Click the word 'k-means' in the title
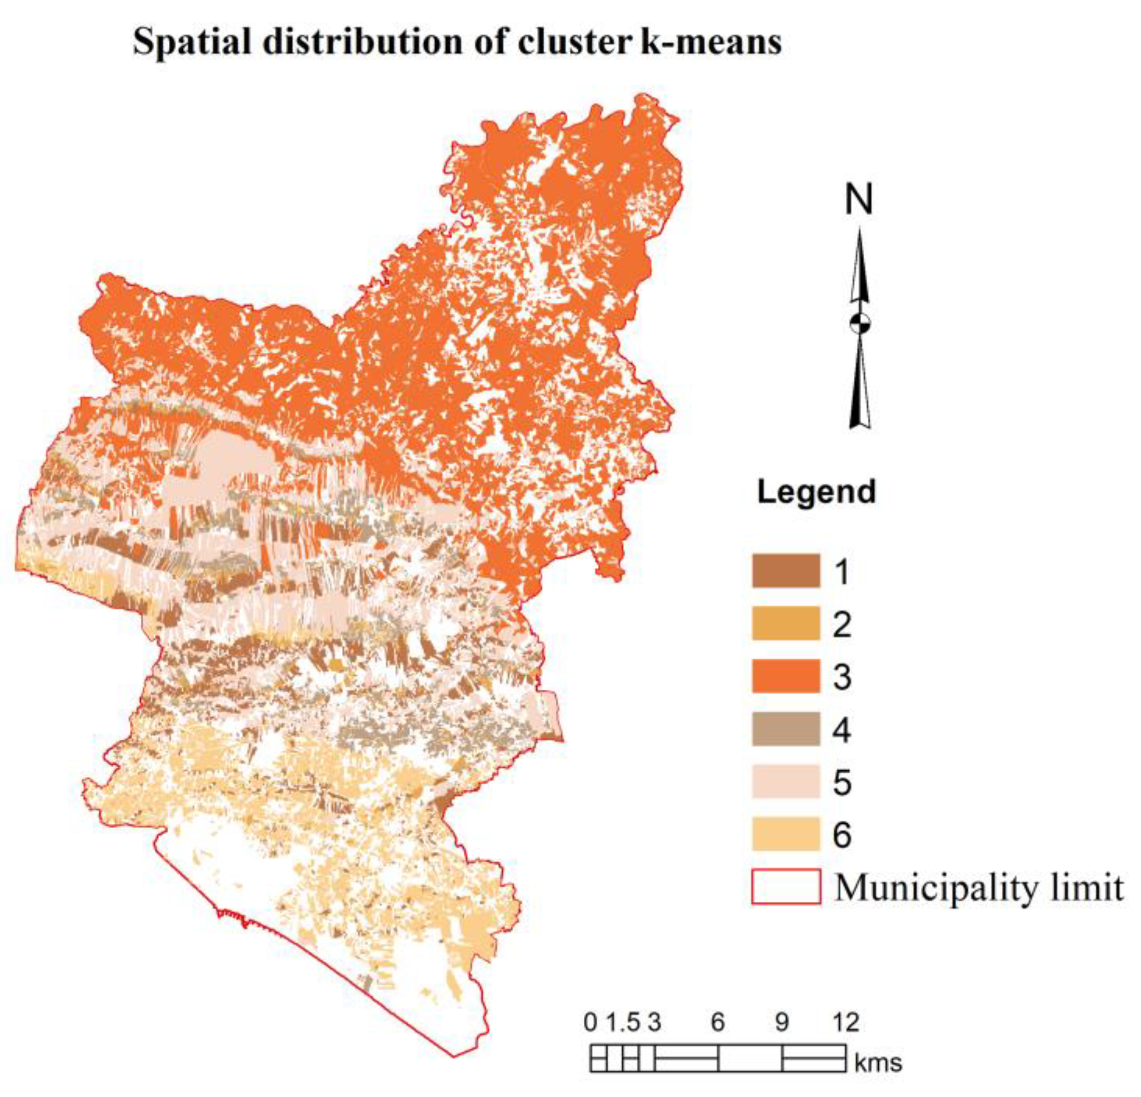pos(711,43)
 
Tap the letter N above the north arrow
pos(859,200)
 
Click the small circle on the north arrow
pos(860,323)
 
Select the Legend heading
pos(816,492)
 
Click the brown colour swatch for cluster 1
pos(786,571)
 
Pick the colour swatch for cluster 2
pos(786,624)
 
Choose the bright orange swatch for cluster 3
pos(786,676)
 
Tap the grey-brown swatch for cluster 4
pos(786,729)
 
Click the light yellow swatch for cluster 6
pos(786,834)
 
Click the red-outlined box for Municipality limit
pos(786,887)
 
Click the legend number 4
pos(842,730)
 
